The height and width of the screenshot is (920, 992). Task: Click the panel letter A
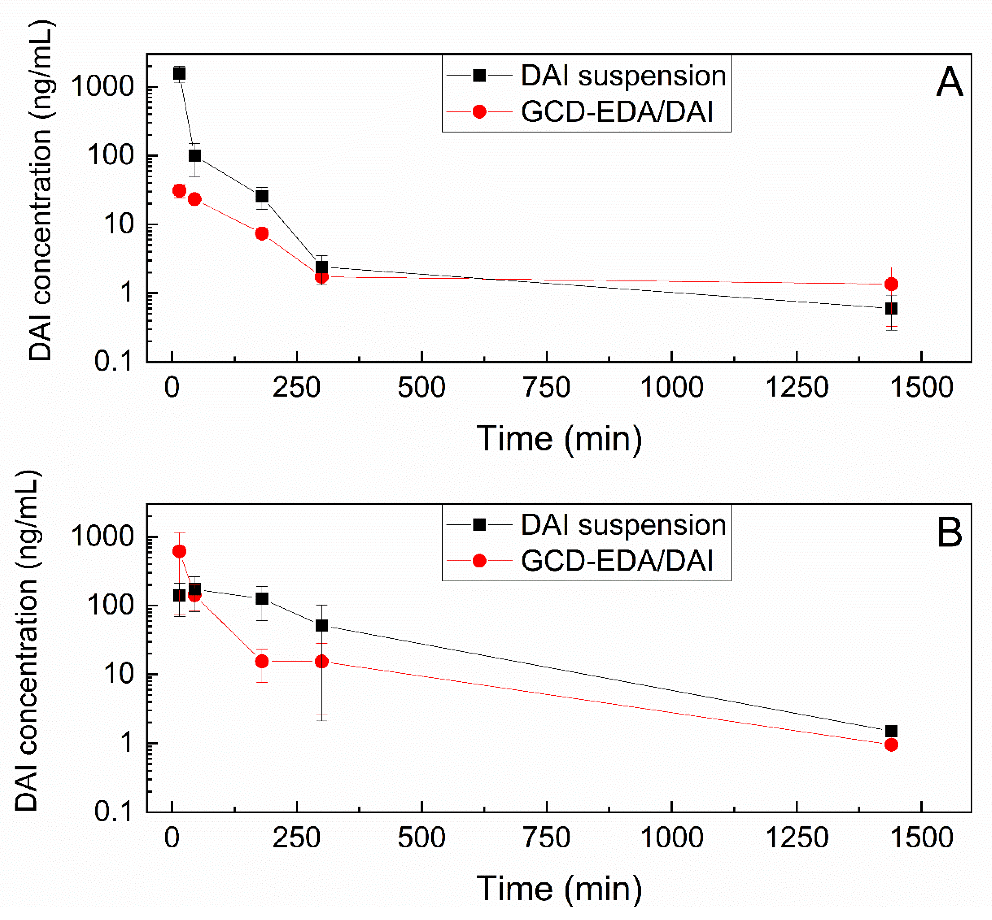[949, 83]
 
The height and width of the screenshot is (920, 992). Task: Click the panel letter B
[949, 533]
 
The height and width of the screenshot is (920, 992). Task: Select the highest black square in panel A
[179, 74]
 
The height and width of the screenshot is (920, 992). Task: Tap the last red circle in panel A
[891, 284]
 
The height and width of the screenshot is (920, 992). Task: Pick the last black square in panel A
[891, 309]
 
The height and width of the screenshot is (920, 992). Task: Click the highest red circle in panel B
[179, 551]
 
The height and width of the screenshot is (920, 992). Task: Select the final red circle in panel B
[891, 745]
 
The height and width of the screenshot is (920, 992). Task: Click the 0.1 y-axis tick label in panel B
[114, 811]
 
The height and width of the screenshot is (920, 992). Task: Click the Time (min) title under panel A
[559, 439]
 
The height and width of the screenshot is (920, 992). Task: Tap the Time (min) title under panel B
[559, 889]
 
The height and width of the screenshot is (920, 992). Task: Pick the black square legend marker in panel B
[479, 525]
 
